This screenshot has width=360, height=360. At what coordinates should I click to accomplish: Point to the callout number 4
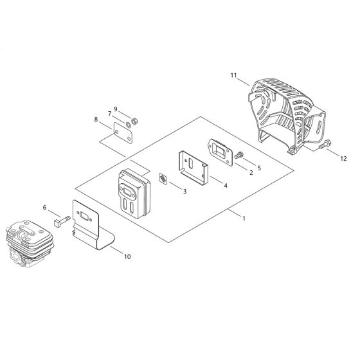click(x=225, y=185)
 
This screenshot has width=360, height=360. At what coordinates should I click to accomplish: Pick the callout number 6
click(x=44, y=207)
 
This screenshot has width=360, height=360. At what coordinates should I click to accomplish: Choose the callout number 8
click(x=96, y=120)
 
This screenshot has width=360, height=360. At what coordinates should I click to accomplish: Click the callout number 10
click(x=127, y=256)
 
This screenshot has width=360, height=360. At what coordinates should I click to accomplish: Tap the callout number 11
click(x=233, y=75)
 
